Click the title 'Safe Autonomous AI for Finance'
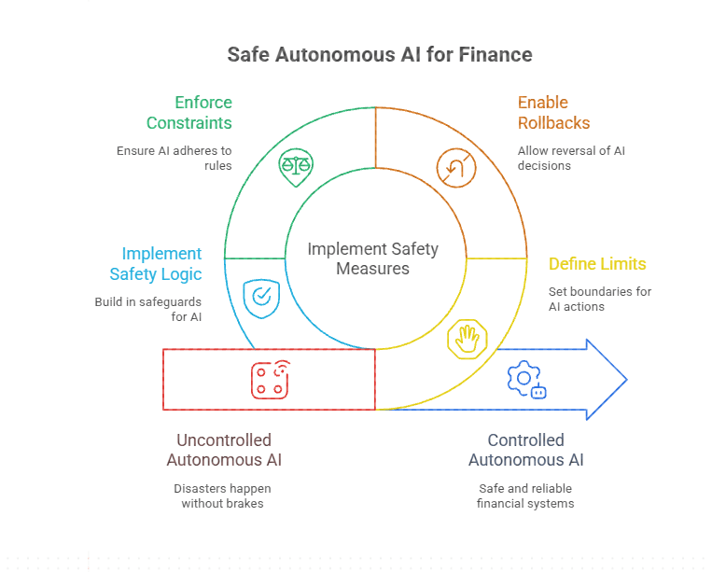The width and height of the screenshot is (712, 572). coord(380,55)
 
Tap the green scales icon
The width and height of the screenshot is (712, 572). coord(296,168)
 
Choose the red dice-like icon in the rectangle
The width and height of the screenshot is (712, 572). coord(270,378)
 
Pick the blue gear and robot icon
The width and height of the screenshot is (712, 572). coord(525,379)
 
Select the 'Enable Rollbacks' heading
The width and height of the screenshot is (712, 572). coord(554,112)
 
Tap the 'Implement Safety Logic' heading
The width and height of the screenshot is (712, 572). coord(155,263)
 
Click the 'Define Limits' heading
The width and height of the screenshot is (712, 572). coord(597,264)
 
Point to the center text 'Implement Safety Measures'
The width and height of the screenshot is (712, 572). coord(372,258)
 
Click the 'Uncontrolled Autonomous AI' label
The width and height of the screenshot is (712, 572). coord(224,449)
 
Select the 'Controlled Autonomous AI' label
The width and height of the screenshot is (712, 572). coord(525,449)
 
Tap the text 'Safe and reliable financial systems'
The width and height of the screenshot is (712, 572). coord(525,495)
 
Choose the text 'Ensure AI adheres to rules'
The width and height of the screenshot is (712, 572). coord(175,159)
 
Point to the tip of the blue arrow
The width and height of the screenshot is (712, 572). coord(625,379)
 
